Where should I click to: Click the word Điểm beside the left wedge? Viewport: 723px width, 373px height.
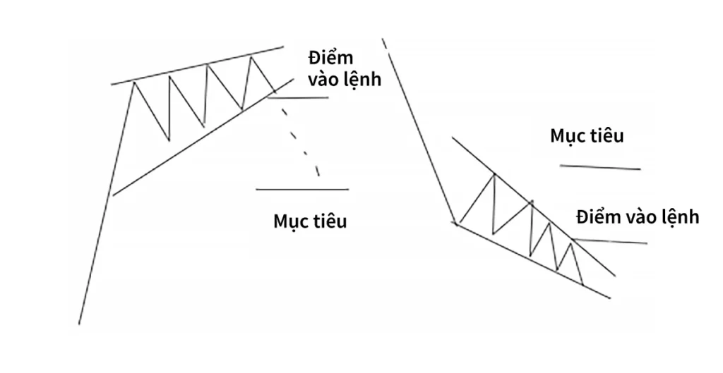pyautogui.click(x=330, y=57)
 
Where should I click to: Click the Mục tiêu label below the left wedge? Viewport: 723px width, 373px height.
pyautogui.click(x=310, y=221)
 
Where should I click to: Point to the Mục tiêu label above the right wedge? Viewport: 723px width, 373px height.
pyautogui.click(x=587, y=135)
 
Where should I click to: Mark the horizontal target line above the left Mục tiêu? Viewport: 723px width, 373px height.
pyautogui.click(x=302, y=189)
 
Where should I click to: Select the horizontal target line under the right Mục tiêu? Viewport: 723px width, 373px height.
pyautogui.click(x=600, y=167)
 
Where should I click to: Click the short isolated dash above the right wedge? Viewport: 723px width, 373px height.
pyautogui.click(x=385, y=46)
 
